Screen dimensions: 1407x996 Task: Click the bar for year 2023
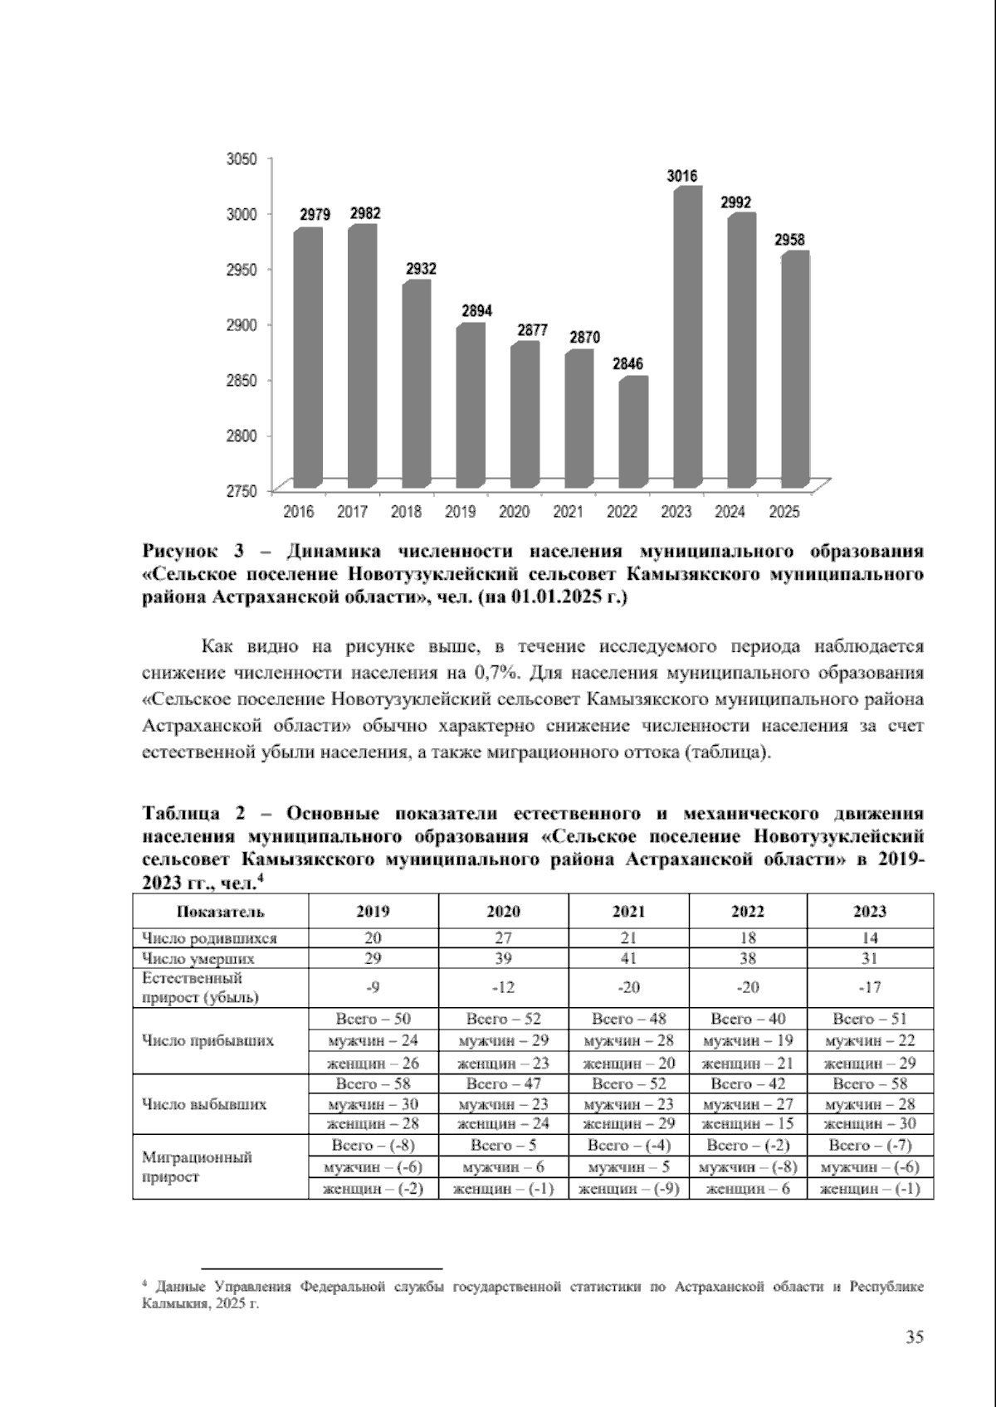(x=688, y=340)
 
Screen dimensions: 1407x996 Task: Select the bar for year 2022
(x=633, y=433)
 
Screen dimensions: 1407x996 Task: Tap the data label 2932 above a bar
(x=421, y=270)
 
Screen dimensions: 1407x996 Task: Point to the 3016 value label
(x=682, y=176)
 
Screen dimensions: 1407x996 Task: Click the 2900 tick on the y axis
(x=242, y=324)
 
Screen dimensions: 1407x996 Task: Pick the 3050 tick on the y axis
(x=242, y=158)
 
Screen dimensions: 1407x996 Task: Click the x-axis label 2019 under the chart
(x=460, y=512)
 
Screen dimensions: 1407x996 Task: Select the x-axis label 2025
(x=784, y=512)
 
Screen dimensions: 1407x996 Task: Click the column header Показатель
(x=220, y=912)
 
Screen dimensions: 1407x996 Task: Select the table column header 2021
(x=628, y=912)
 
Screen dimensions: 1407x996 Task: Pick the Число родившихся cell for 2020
(x=503, y=938)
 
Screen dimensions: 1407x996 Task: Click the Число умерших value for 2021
(x=628, y=958)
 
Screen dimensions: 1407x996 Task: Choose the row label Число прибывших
(x=208, y=1040)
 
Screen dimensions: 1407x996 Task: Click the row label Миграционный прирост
(x=197, y=1166)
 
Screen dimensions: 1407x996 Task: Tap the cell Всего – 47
(x=503, y=1083)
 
